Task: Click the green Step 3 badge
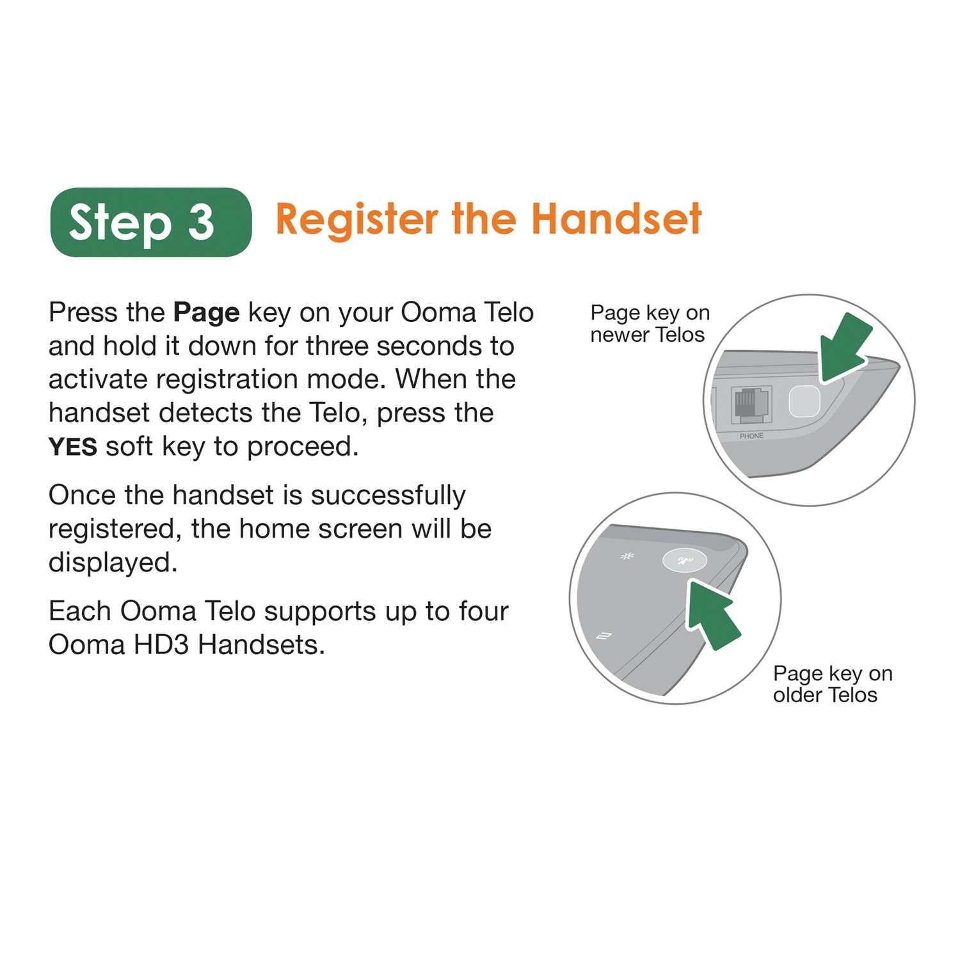click(151, 222)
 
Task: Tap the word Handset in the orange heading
click(616, 219)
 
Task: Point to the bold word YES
click(73, 447)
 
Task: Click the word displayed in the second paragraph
click(113, 563)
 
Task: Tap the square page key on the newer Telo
click(804, 401)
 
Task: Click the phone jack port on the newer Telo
click(751, 404)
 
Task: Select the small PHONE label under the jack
click(751, 436)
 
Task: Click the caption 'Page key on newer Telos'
click(650, 324)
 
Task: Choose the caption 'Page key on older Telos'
click(832, 684)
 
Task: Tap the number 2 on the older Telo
click(604, 636)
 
